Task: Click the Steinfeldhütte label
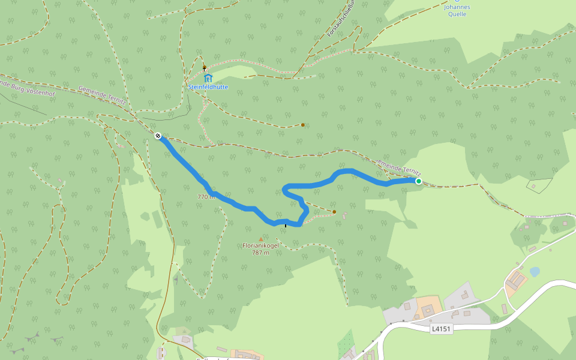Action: pyautogui.click(x=208, y=87)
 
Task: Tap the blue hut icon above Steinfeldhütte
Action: pyautogui.click(x=208, y=78)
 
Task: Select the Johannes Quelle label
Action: pyautogui.click(x=457, y=11)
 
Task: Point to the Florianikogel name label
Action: pyautogui.click(x=260, y=245)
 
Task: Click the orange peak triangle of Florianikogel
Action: pyautogui.click(x=260, y=239)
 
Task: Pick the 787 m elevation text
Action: pyautogui.click(x=260, y=253)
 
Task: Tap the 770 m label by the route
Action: pyautogui.click(x=206, y=196)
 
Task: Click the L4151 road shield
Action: pyautogui.click(x=440, y=329)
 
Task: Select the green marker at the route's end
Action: pyautogui.click(x=418, y=181)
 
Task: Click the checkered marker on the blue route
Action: pyautogui.click(x=158, y=136)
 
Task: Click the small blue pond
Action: pyautogui.click(x=534, y=272)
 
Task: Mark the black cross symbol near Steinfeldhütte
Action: pyautogui.click(x=204, y=68)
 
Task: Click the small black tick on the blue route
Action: pyautogui.click(x=286, y=225)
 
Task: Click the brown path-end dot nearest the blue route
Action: pyautogui.click(x=334, y=212)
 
